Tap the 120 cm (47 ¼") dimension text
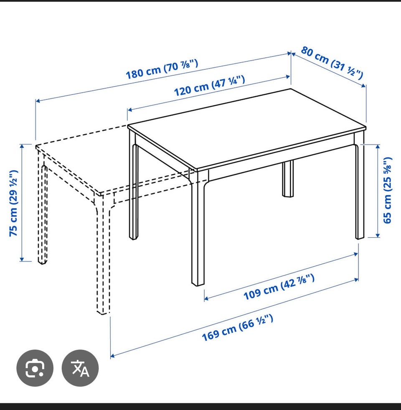(210, 86)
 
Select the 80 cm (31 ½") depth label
(332, 63)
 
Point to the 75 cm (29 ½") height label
(14, 204)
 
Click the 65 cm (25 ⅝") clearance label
(388, 190)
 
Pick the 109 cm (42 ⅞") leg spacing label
(279, 287)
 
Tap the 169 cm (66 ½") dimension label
(238, 328)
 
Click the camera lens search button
(35, 368)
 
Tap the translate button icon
(80, 368)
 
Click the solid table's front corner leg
(198, 230)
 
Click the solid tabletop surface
(246, 130)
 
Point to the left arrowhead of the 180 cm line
(38, 101)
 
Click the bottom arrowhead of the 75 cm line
(22, 259)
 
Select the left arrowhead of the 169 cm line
(113, 356)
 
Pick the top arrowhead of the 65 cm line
(378, 146)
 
